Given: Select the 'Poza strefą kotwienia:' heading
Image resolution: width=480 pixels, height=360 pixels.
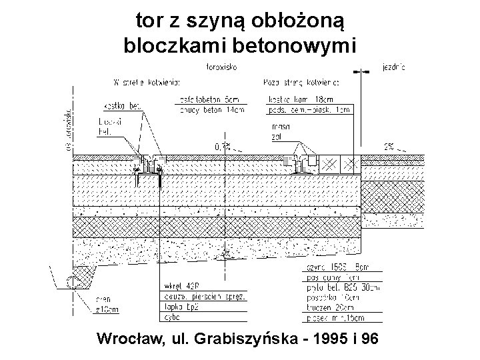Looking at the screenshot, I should coord(302,83).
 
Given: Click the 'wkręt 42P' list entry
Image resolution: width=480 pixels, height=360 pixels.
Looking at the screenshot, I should coord(183,287).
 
